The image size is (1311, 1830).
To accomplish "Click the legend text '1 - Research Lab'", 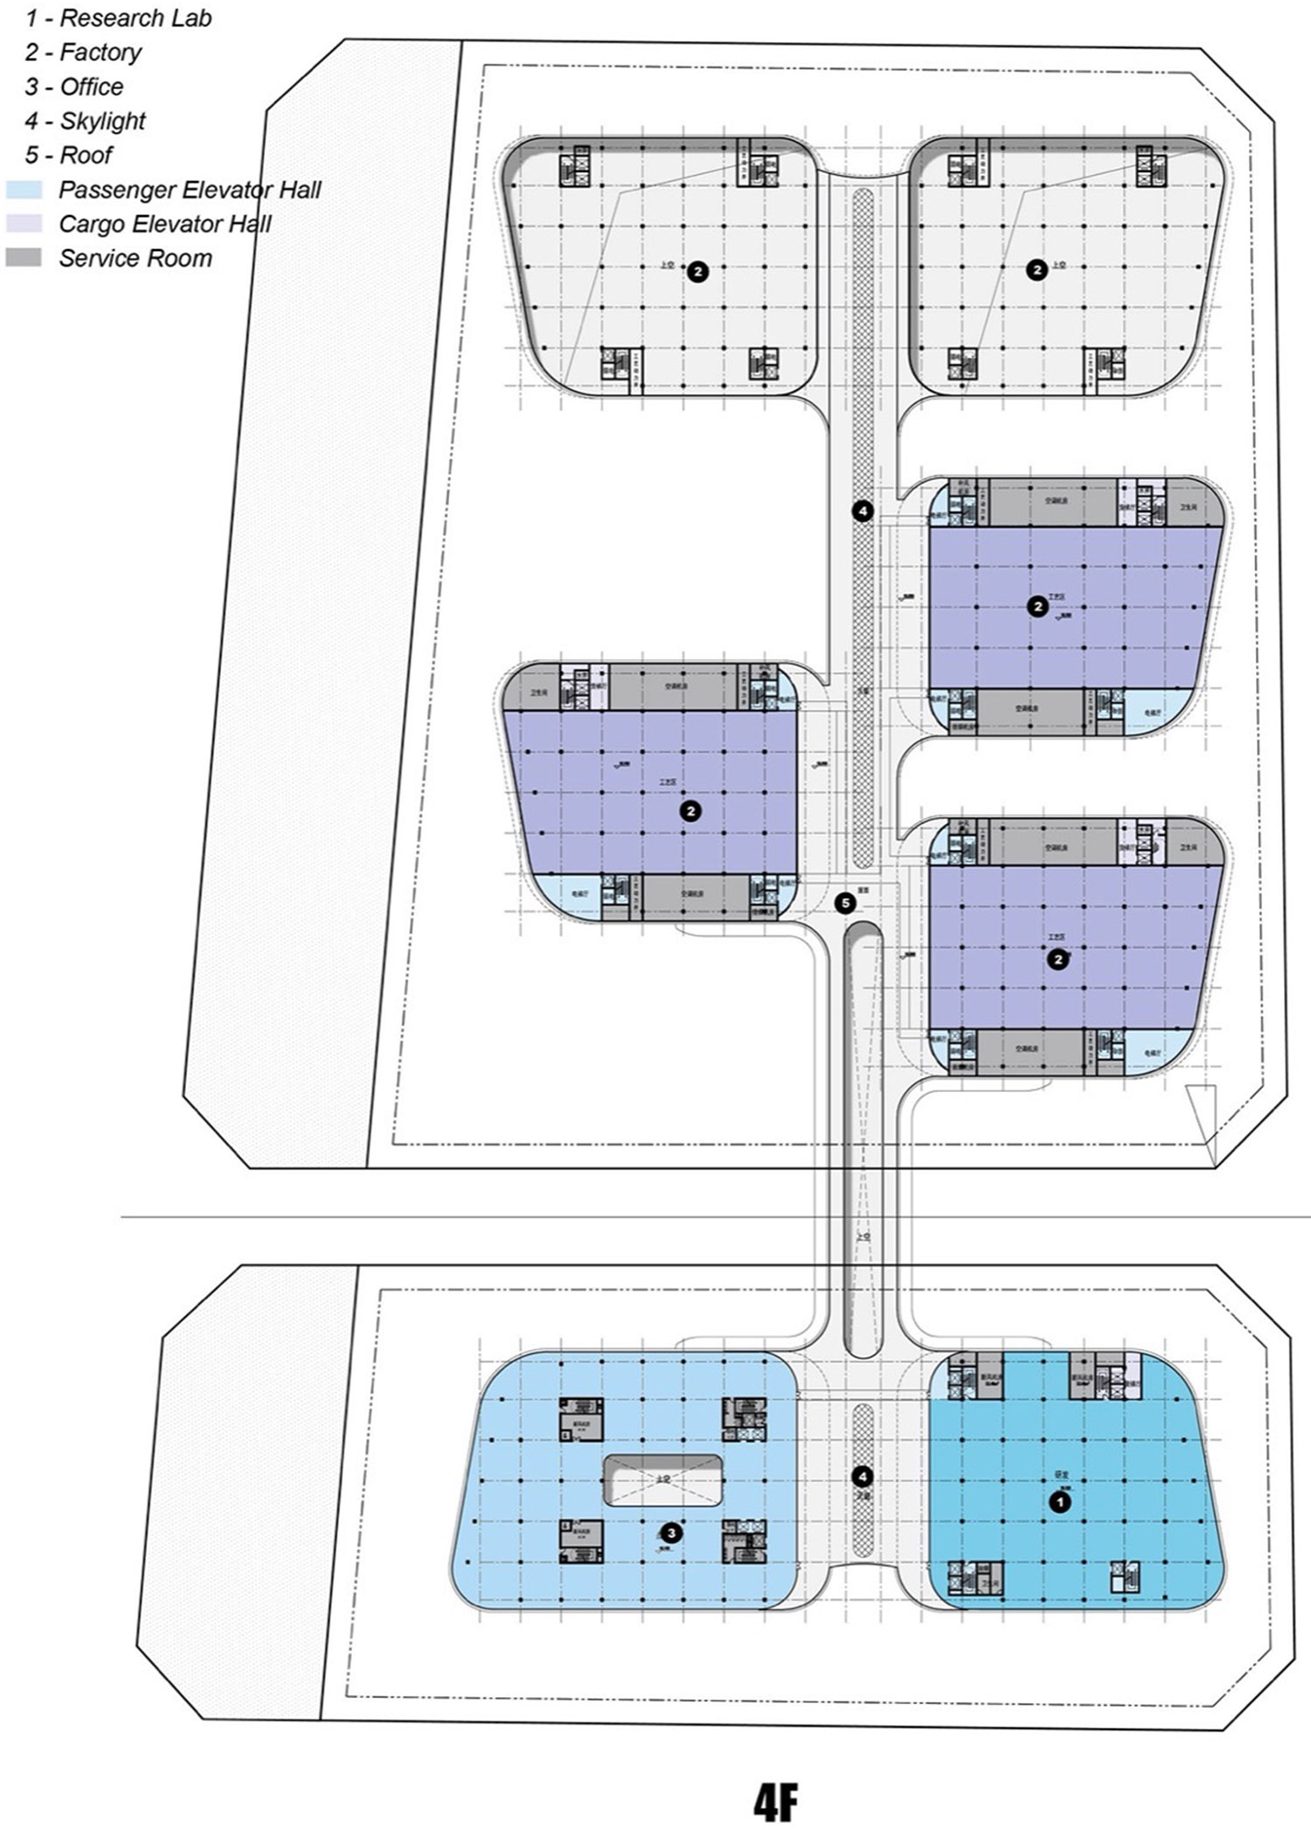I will (118, 18).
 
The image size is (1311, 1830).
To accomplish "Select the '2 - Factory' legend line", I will (83, 52).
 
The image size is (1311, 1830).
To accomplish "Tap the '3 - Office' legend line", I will (74, 87).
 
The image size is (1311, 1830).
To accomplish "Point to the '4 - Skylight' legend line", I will (85, 121).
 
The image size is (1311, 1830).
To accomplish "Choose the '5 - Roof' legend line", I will (68, 155).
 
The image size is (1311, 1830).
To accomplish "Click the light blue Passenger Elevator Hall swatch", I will (23, 190).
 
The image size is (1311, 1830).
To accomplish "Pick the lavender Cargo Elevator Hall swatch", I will (23, 224).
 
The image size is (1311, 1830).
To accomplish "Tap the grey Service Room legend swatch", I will (23, 258).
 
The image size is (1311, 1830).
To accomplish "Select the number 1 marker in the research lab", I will (1059, 1502).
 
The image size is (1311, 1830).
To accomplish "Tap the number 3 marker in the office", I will (670, 1532).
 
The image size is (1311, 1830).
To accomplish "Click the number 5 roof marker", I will (845, 903).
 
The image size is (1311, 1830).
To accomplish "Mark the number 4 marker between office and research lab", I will (863, 1477).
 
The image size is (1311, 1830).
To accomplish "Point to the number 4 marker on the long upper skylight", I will (863, 511).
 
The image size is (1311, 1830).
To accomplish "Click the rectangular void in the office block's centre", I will (662, 1479).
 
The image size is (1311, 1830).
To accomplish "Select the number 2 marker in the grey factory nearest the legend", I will (697, 271).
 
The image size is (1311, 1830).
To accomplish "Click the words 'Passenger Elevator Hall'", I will (190, 190).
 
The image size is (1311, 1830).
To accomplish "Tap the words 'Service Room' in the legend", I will (135, 258).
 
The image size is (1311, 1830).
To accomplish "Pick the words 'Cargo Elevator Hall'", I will (165, 224).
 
